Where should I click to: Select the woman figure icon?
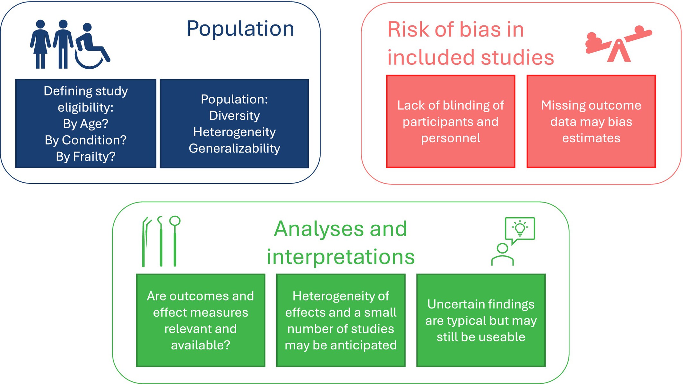coord(40,44)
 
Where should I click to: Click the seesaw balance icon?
coord(618,43)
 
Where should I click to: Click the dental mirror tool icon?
coord(175,241)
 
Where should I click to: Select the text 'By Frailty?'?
coord(86,156)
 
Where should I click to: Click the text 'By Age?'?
coord(86,124)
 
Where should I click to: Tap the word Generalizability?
coord(234,148)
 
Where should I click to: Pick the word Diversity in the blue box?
coord(234,116)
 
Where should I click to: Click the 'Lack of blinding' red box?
coord(451,121)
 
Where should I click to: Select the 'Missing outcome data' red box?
coord(591,121)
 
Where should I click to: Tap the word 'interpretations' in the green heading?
coord(341,257)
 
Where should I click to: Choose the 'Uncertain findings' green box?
coord(481,320)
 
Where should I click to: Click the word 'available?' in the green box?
coord(201,345)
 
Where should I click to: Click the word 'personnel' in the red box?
coord(451,138)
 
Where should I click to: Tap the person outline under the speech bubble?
coord(503,255)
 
